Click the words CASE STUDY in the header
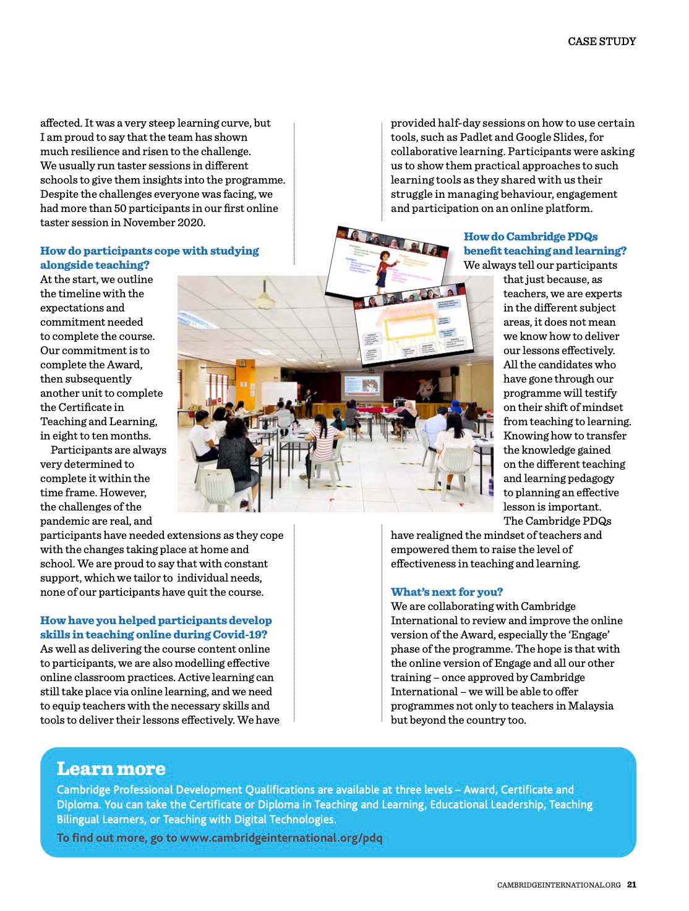coord(601,41)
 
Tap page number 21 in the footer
coord(631,884)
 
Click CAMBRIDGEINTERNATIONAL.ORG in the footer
coord(558,885)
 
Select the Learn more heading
coord(111,769)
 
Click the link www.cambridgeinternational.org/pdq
coord(281,838)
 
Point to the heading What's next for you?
coord(447,592)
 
